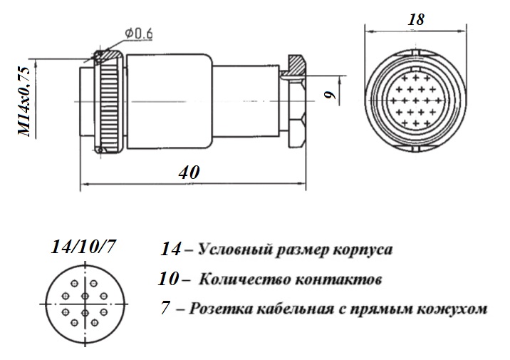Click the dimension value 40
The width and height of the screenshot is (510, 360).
[189, 173]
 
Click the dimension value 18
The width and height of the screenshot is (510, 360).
[416, 19]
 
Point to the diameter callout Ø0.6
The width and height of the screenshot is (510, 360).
[139, 34]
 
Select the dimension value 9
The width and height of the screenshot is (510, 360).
[330, 94]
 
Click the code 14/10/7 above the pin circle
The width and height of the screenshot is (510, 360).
[83, 247]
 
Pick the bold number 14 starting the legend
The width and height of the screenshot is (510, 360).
[170, 250]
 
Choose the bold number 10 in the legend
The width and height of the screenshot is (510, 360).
[168, 279]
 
